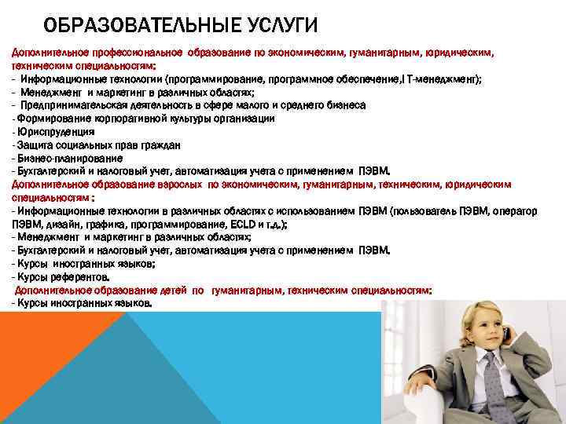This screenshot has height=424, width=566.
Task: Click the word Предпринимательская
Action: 72,104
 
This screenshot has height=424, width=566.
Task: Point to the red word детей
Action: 172,290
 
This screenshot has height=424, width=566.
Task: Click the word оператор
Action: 514,210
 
